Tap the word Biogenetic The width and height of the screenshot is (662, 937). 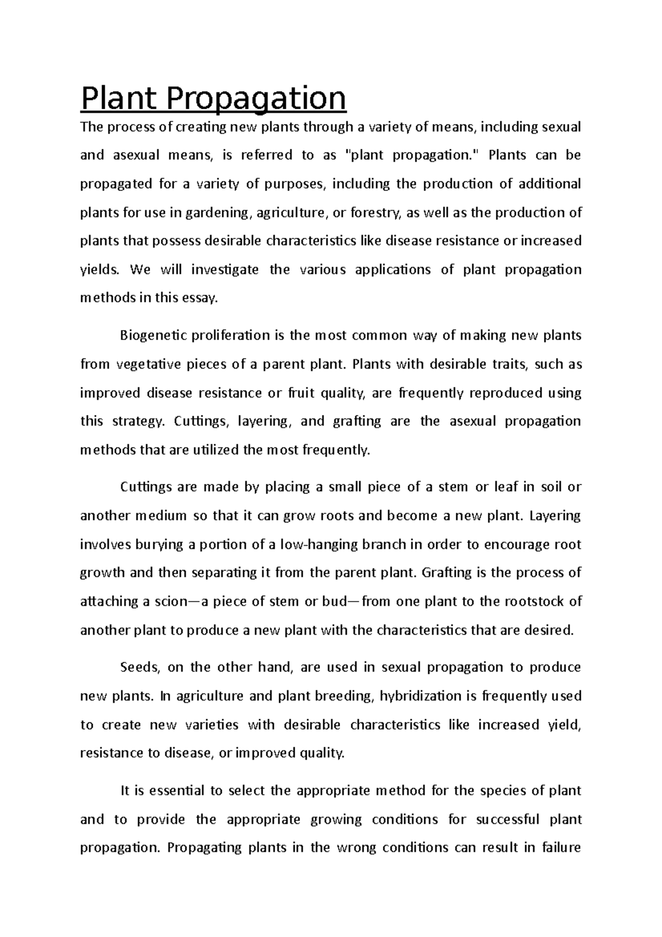(x=148, y=336)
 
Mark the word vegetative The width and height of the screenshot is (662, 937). (x=148, y=365)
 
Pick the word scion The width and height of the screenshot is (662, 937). (x=169, y=601)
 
